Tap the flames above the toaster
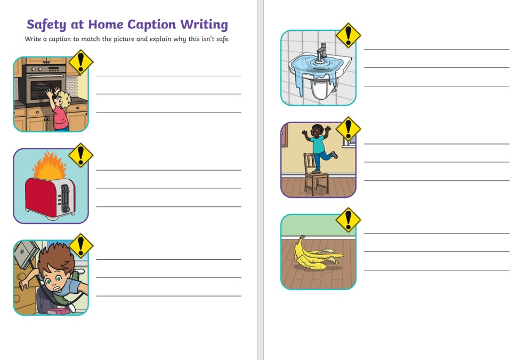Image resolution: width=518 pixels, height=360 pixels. click(50, 166)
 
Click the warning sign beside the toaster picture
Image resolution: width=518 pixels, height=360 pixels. click(80, 155)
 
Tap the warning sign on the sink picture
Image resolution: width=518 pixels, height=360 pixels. click(349, 35)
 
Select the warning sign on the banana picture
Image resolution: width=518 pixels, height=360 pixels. click(349, 220)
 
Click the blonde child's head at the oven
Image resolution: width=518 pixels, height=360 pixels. click(63, 100)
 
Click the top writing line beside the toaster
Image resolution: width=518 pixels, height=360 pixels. click(168, 170)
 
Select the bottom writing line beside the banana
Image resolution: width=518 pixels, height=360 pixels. click(436, 270)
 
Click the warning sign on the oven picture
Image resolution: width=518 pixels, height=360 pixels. click(80, 62)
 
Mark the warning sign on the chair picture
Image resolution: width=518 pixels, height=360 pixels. click(349, 129)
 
